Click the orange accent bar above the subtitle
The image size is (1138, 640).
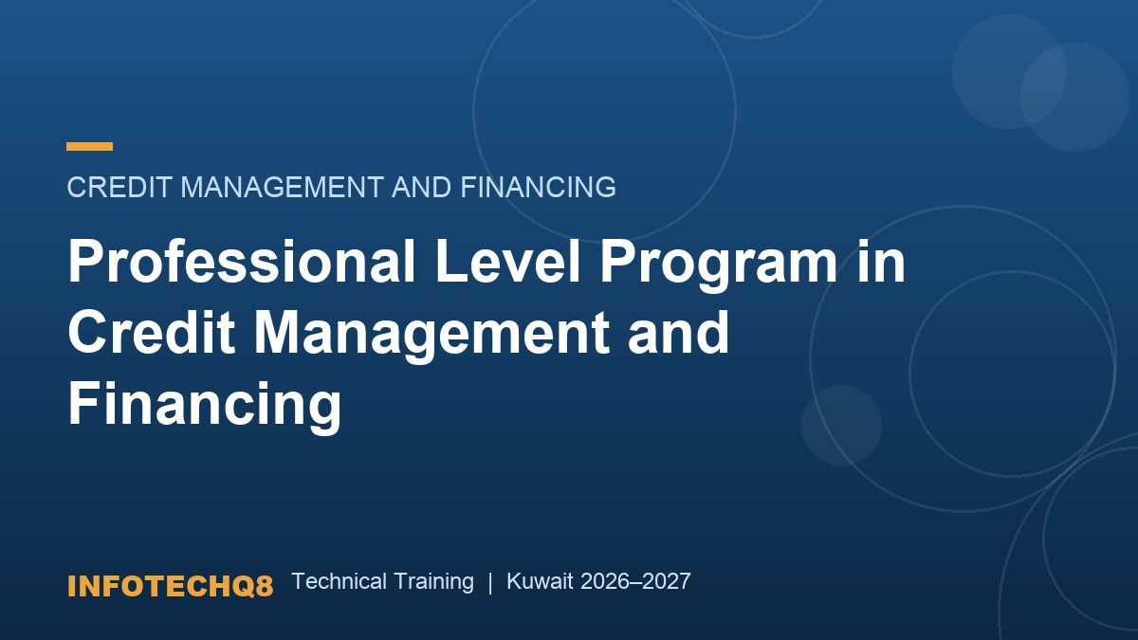click(89, 146)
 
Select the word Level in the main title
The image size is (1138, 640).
click(507, 261)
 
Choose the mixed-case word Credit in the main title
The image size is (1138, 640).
click(152, 332)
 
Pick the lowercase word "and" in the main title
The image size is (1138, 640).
click(679, 332)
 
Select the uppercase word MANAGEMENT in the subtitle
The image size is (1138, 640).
click(282, 187)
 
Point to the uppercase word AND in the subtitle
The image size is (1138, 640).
click(421, 187)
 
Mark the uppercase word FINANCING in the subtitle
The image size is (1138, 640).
click(538, 187)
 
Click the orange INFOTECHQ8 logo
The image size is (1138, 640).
click(170, 586)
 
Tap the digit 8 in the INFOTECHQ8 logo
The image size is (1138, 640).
click(265, 586)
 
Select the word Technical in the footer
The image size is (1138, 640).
click(340, 581)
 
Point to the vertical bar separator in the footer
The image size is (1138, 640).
click(490, 582)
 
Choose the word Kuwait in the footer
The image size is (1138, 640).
click(540, 581)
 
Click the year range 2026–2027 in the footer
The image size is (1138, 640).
click(635, 581)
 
